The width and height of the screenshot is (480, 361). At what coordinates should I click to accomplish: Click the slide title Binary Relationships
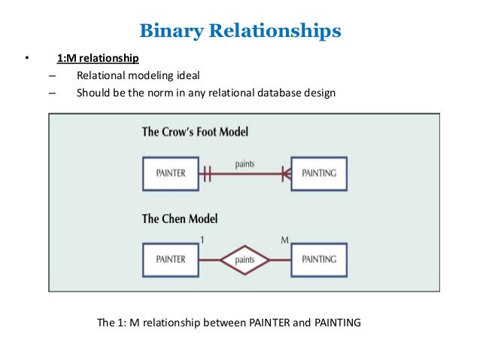click(240, 32)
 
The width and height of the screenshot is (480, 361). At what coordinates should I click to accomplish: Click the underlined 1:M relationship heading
click(98, 58)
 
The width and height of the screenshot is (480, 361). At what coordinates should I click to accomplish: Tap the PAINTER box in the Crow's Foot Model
click(171, 173)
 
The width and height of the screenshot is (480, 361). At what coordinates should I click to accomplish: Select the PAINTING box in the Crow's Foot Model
click(319, 173)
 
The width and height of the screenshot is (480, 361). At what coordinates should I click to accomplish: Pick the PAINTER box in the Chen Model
click(171, 259)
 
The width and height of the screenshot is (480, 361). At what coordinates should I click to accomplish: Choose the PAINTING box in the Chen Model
click(319, 259)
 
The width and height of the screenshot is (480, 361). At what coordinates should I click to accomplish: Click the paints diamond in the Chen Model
click(245, 260)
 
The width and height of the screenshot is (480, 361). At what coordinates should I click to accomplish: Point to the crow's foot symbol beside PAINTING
click(285, 173)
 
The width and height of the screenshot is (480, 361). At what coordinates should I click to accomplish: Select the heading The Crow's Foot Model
click(195, 132)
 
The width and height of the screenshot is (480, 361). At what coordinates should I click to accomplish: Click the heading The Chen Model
click(180, 219)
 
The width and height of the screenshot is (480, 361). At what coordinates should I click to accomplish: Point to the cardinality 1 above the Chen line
click(202, 240)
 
